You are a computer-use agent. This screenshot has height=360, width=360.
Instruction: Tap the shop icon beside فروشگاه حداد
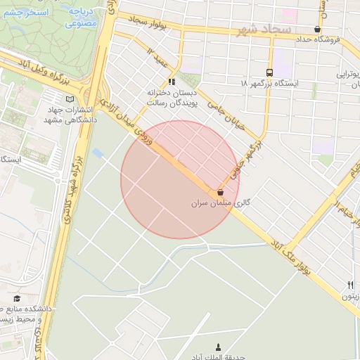tap(318, 30)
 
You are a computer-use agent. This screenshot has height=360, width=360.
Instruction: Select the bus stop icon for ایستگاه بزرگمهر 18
tap(269, 72)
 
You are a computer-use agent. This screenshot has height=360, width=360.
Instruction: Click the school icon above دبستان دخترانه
tap(172, 82)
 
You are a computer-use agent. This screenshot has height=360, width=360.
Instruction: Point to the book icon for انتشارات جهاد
tap(68, 98)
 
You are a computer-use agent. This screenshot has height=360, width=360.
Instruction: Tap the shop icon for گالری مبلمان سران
tap(221, 191)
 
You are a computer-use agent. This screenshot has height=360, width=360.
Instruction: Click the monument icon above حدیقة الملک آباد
tap(217, 347)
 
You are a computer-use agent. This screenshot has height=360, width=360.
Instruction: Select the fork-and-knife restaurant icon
tap(350, 285)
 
